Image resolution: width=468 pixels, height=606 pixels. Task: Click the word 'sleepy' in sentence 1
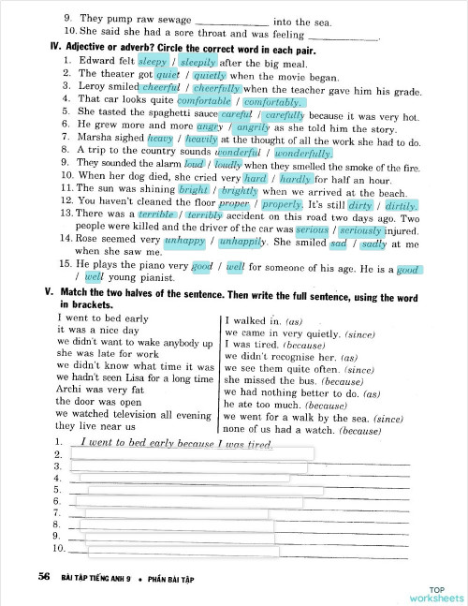tap(154, 62)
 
